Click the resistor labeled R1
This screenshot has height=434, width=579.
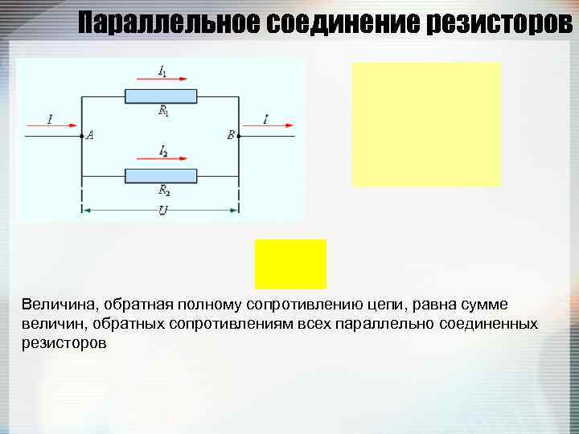pyautogui.click(x=161, y=96)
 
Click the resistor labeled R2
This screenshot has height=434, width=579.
pyautogui.click(x=161, y=176)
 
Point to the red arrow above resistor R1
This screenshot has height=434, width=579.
pyautogui.click(x=162, y=80)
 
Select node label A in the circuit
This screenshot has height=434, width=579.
pyautogui.click(x=90, y=136)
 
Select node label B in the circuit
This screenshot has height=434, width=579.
pyautogui.click(x=231, y=136)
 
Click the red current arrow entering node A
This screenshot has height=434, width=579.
pyautogui.click(x=51, y=126)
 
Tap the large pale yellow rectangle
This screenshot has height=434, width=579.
pyautogui.click(x=426, y=125)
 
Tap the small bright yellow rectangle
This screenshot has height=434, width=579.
pyautogui.click(x=290, y=264)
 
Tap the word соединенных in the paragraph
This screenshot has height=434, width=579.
pyautogui.click(x=491, y=324)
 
